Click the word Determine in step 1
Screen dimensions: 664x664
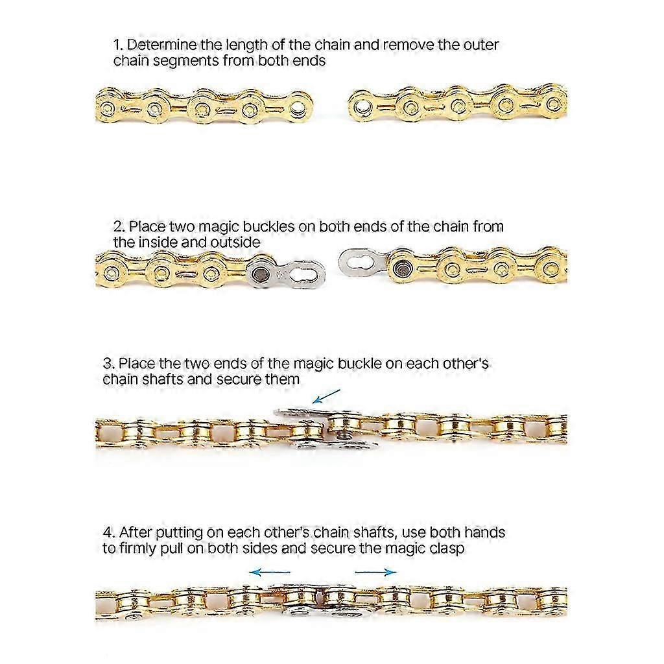point(161,45)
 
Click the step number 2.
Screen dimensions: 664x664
point(119,226)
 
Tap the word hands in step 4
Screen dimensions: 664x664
point(484,532)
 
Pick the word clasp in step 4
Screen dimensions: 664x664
point(447,549)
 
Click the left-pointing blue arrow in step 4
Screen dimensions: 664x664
point(270,573)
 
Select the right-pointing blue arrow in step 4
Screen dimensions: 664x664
point(375,573)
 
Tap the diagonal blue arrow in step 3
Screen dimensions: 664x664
point(326,396)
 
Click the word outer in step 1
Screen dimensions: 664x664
point(481,45)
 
